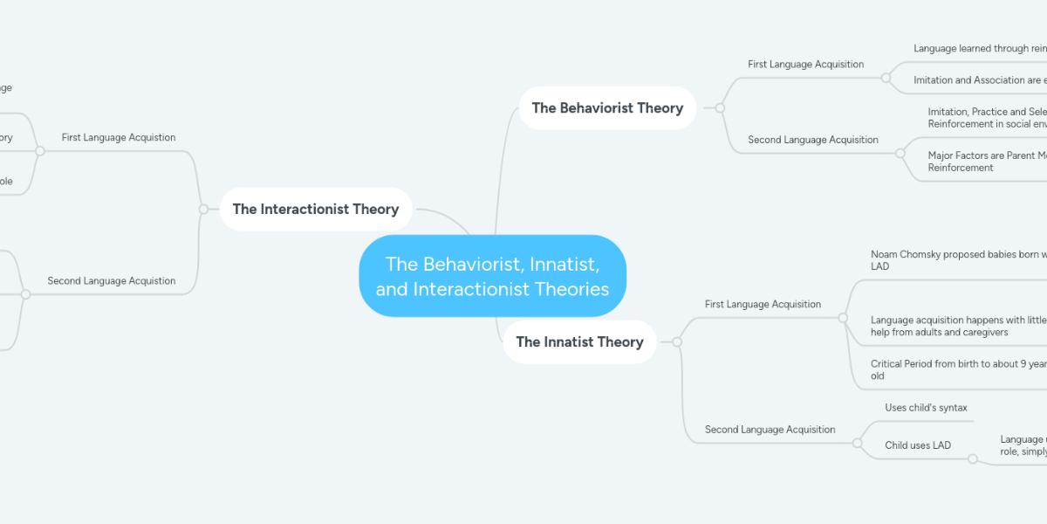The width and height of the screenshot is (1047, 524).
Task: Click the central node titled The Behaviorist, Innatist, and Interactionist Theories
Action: click(492, 276)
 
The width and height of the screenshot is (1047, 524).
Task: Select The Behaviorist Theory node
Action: click(607, 108)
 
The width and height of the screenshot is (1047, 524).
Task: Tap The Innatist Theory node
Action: click(579, 342)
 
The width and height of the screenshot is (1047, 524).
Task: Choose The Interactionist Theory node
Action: click(315, 210)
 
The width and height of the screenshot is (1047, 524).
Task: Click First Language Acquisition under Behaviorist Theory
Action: click(805, 64)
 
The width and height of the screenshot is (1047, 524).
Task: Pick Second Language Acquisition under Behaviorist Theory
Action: click(812, 140)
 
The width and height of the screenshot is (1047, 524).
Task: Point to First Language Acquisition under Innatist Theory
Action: click(763, 305)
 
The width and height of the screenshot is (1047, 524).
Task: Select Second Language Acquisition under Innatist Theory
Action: click(770, 430)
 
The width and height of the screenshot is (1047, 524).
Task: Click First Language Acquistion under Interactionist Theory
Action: click(119, 138)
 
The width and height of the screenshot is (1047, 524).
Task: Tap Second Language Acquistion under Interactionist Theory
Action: click(112, 281)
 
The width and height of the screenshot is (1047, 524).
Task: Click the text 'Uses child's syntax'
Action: click(926, 408)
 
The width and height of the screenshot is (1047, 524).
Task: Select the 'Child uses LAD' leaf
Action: click(917, 445)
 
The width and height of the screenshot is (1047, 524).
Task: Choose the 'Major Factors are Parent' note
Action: click(986, 162)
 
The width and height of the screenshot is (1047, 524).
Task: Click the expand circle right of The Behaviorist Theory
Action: click(720, 108)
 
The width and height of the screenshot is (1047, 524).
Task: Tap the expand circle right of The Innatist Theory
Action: click(676, 342)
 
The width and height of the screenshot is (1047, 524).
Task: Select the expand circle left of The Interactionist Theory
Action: click(203, 210)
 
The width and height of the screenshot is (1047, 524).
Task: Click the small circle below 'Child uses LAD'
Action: click(972, 458)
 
